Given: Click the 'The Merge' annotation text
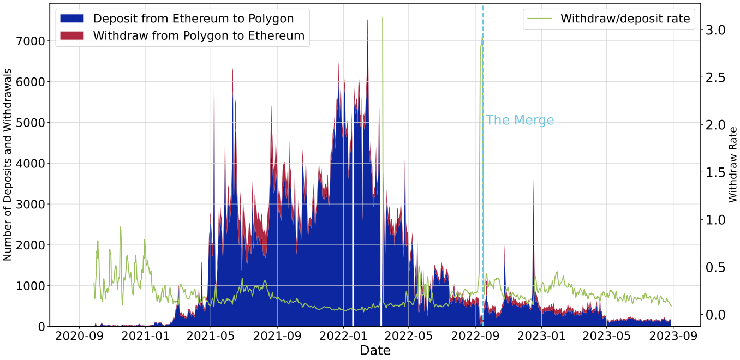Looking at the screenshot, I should pyautogui.click(x=520, y=121).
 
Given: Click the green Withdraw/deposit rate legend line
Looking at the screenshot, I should pyautogui.click(x=540, y=19).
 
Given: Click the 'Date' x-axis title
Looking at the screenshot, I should pyautogui.click(x=375, y=351).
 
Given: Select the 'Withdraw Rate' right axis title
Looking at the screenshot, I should pyautogui.click(x=732, y=164).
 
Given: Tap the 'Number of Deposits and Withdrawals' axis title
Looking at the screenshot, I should pyautogui.click(x=8, y=164).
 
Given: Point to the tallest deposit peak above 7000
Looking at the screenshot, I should pyautogui.click(x=367, y=22).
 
